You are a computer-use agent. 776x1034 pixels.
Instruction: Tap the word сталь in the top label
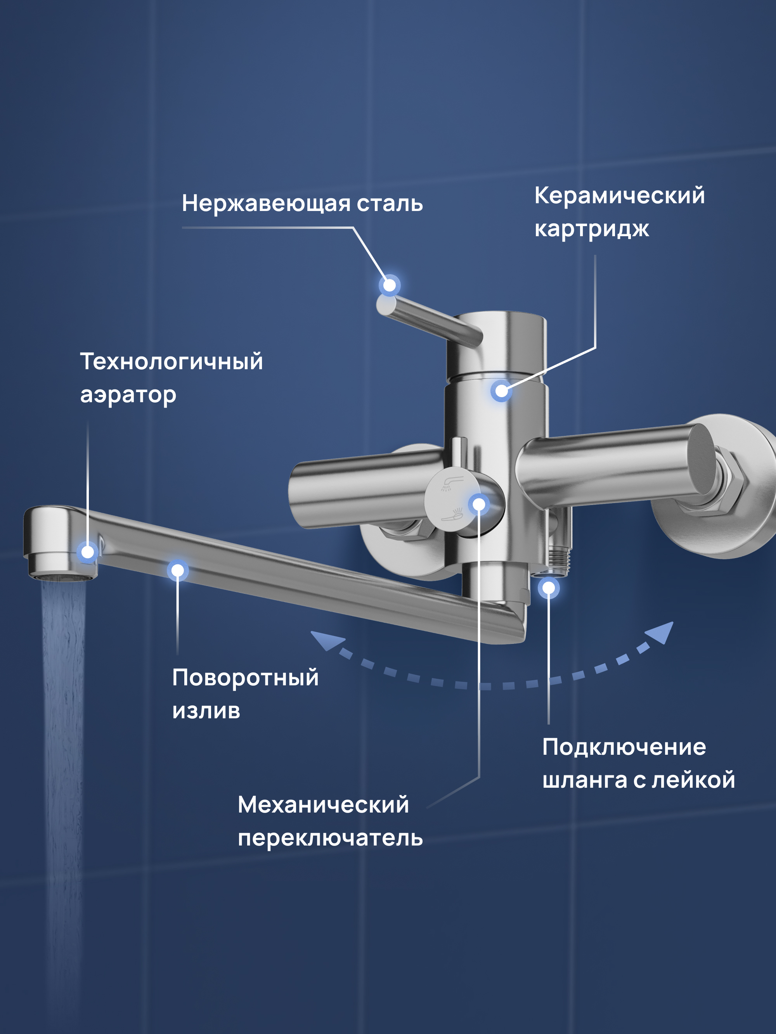pyautogui.click(x=390, y=204)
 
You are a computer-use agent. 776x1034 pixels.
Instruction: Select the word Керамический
pyautogui.click(x=619, y=195)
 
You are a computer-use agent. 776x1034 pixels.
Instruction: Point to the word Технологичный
pyautogui.click(x=171, y=362)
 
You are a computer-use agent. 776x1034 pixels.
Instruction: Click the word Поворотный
pyautogui.click(x=245, y=678)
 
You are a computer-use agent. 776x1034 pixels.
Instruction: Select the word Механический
pyautogui.click(x=323, y=805)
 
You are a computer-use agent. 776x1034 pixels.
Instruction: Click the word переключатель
pyautogui.click(x=330, y=838)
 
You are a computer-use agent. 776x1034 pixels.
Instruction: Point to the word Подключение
pyautogui.click(x=624, y=747)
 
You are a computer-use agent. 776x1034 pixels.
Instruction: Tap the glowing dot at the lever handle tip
pyautogui.click(x=389, y=285)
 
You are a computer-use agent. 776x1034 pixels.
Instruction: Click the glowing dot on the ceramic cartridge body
pyautogui.click(x=501, y=391)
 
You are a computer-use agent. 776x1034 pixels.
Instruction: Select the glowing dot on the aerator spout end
pyautogui.click(x=87, y=552)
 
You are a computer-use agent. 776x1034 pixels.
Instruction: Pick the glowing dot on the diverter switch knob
pyautogui.click(x=479, y=504)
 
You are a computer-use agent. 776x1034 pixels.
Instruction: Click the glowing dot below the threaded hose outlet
pyautogui.click(x=549, y=588)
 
